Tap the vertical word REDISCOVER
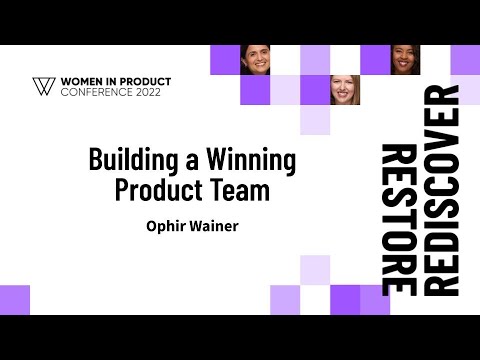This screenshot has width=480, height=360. coord(440,190)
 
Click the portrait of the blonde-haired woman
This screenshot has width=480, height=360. coord(345,90)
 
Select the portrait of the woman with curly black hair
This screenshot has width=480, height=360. coord(405,60)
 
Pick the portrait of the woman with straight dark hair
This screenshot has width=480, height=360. coord(255,60)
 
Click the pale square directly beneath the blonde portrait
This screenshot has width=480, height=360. coord(315,120)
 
